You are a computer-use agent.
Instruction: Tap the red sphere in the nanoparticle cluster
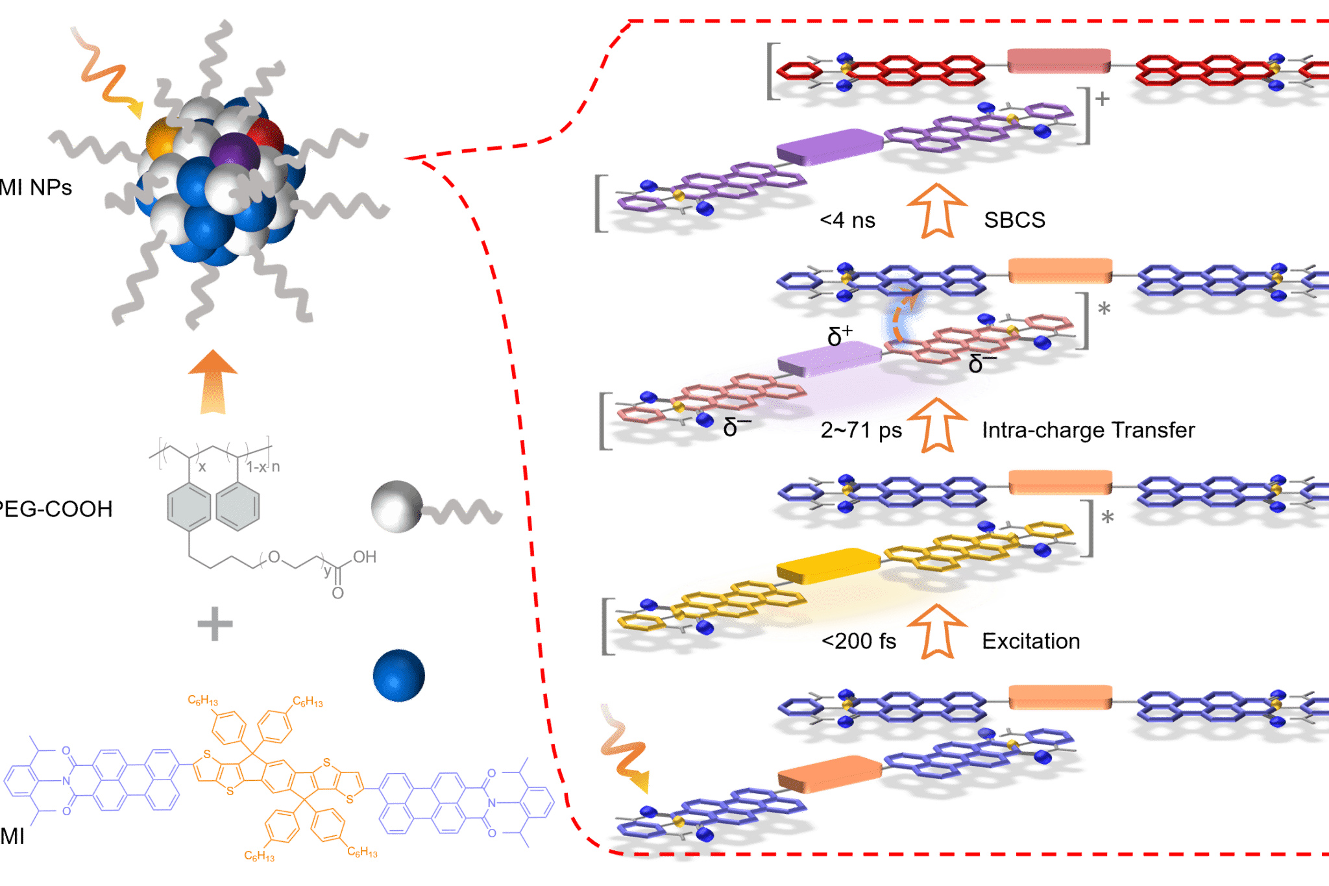[x=265, y=137]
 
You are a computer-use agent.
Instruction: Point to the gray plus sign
[x=215, y=624]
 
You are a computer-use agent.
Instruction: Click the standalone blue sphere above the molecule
[x=398, y=675]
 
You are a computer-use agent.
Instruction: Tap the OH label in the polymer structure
[x=364, y=557]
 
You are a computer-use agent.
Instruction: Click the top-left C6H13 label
[x=202, y=700]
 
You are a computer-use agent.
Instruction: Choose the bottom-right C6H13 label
[x=362, y=852]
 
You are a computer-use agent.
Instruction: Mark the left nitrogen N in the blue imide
[x=66, y=781]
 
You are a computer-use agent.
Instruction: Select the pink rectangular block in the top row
[x=1058, y=60]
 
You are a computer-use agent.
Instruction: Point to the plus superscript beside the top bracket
[x=1102, y=99]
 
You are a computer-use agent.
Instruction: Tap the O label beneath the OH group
[x=337, y=593]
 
